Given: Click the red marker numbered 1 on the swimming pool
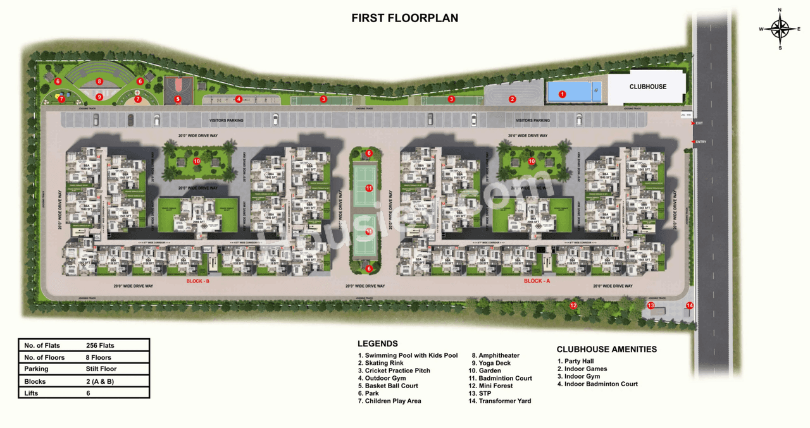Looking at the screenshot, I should pyautogui.click(x=562, y=94).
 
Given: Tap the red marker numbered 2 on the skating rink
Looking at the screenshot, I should pyautogui.click(x=513, y=99).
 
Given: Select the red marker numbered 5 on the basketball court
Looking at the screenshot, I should pyautogui.click(x=178, y=99).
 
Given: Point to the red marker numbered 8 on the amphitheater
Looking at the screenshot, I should pyautogui.click(x=99, y=82).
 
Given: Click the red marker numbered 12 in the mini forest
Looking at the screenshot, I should pyautogui.click(x=573, y=306).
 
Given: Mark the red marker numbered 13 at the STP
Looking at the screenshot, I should pyautogui.click(x=651, y=305).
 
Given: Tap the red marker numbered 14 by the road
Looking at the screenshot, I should pyautogui.click(x=690, y=306).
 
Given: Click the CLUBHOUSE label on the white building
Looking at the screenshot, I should pyautogui.click(x=647, y=87).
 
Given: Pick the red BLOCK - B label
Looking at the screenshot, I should pyautogui.click(x=197, y=281).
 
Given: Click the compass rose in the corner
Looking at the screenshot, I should pyautogui.click(x=780, y=28).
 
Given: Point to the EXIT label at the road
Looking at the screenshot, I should pyautogui.click(x=699, y=123).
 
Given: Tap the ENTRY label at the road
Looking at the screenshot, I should pyautogui.click(x=700, y=142).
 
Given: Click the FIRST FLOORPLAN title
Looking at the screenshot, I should pyautogui.click(x=405, y=18).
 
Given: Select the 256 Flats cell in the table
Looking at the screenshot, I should pyautogui.click(x=100, y=346).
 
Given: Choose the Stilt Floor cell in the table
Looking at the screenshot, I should pyautogui.click(x=101, y=369).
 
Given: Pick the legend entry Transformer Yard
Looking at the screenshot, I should pyautogui.click(x=504, y=401).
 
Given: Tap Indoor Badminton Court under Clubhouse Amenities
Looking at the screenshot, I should pyautogui.click(x=601, y=384).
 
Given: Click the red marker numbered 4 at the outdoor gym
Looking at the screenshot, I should pyautogui.click(x=239, y=99).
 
